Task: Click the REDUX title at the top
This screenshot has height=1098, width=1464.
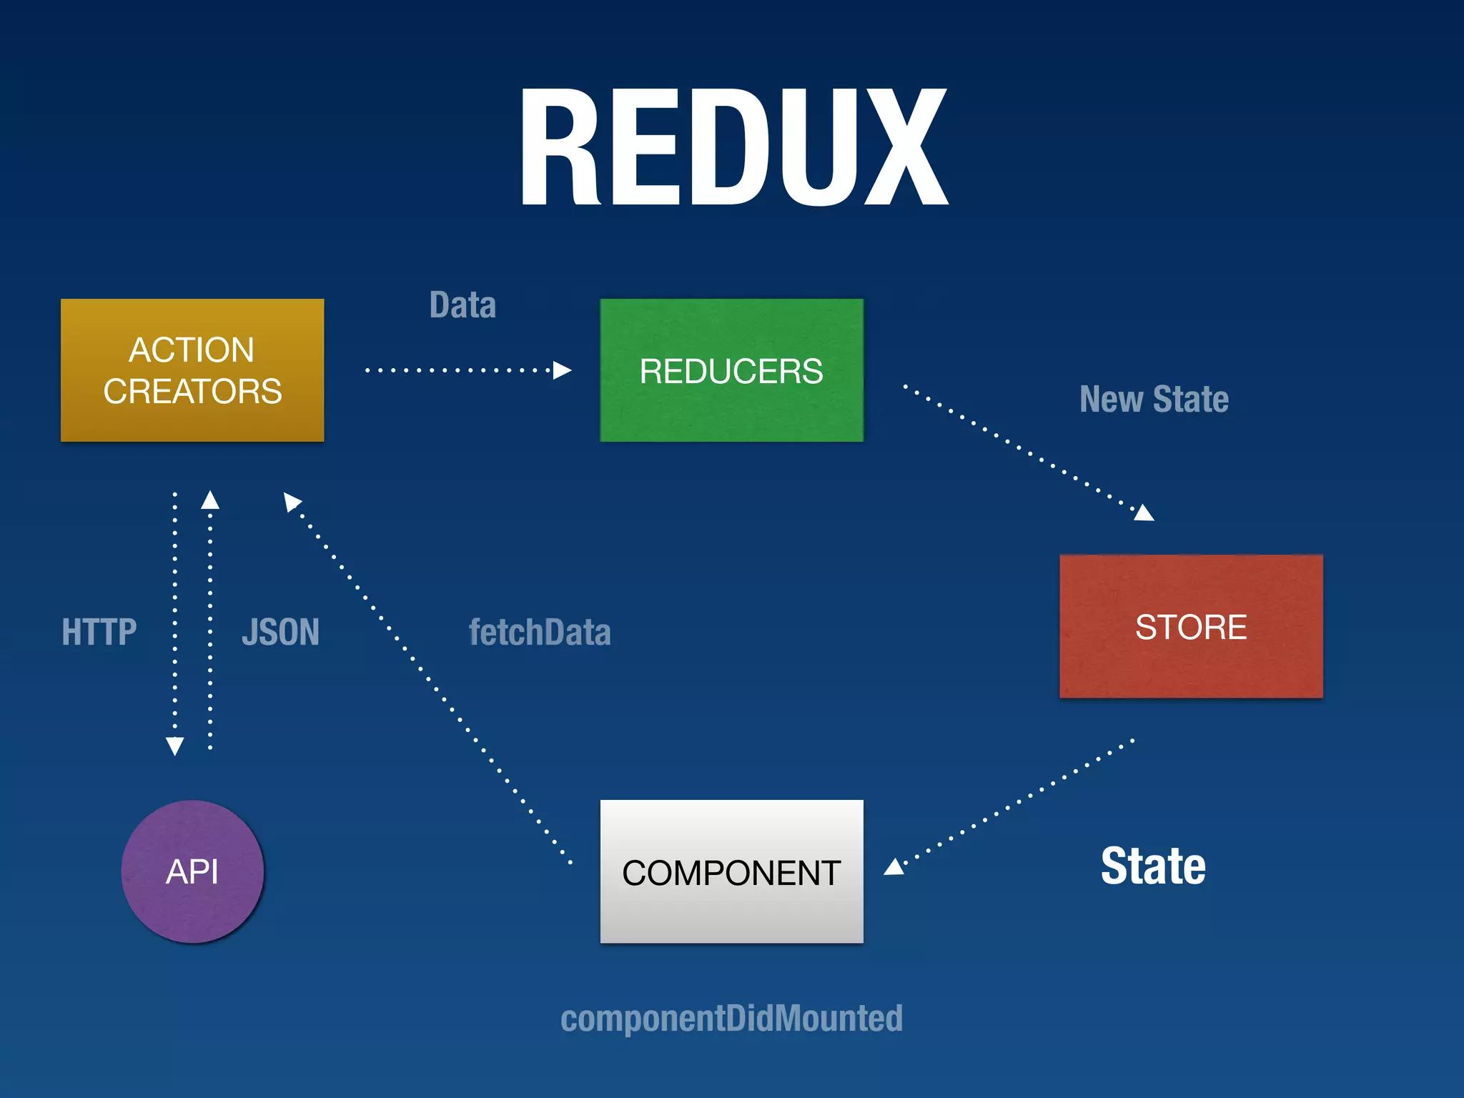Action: tap(733, 148)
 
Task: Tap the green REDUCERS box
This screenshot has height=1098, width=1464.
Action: tap(731, 370)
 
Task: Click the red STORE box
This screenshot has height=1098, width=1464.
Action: tap(1191, 626)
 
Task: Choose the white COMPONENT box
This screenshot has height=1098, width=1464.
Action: tap(731, 871)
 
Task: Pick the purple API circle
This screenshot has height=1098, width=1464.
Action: tap(192, 871)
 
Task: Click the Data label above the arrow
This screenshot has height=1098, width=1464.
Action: tap(463, 305)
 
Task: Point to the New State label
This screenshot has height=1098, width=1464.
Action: tap(1154, 399)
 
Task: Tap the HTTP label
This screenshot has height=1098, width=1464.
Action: tap(99, 632)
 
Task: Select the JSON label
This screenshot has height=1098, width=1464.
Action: tap(280, 632)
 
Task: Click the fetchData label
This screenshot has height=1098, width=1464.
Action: tap(540, 632)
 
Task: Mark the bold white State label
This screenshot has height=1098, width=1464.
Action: tap(1152, 866)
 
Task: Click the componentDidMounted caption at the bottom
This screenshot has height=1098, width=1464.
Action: tap(731, 1018)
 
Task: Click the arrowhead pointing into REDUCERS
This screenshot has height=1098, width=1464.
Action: tap(563, 370)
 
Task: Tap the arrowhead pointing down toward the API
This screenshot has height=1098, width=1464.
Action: tap(174, 746)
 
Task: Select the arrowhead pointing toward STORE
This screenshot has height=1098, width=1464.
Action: tap(1144, 513)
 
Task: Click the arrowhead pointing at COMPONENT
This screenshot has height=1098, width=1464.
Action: tap(894, 867)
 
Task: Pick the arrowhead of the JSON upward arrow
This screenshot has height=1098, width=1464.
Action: tap(210, 500)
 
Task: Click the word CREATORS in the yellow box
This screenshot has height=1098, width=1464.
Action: tap(192, 392)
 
